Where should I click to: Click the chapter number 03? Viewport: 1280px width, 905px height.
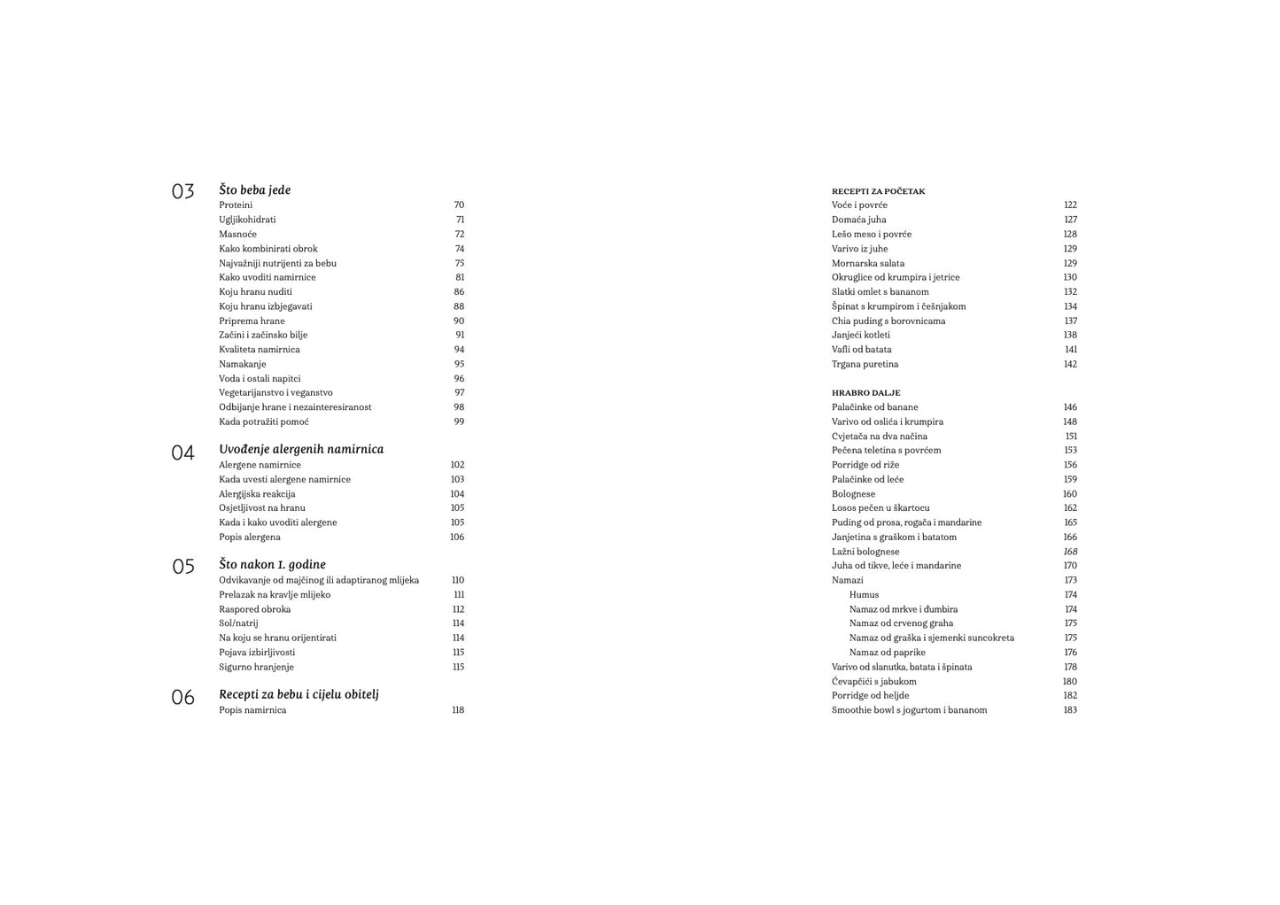point(182,191)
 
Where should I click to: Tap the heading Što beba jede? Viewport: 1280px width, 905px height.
point(254,190)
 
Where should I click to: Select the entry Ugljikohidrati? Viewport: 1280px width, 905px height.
point(247,220)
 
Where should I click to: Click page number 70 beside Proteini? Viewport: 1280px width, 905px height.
point(459,205)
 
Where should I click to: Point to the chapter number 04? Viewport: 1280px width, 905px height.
point(182,452)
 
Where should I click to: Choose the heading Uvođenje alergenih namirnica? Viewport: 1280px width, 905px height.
point(301,449)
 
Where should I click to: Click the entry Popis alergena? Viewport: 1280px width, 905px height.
point(249,538)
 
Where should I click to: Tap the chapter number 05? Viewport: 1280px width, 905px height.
point(182,567)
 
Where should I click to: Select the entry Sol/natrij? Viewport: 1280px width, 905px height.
point(238,623)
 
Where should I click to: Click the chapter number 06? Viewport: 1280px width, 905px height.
point(182,698)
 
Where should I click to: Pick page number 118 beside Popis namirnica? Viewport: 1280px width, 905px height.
point(457,710)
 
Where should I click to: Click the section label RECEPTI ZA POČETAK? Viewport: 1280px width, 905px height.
point(878,191)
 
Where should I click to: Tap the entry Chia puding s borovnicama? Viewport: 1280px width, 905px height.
point(888,321)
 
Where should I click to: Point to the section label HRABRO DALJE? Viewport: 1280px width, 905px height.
point(865,393)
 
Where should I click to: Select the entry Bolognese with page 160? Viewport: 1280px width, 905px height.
point(853,494)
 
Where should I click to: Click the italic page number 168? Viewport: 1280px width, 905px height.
point(1070,552)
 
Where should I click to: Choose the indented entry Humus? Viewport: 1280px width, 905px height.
point(864,595)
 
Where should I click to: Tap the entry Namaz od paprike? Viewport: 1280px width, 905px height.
point(887,653)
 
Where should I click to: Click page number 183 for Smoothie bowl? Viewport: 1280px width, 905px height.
point(1070,710)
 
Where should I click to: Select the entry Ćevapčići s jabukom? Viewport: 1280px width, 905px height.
point(873,682)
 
